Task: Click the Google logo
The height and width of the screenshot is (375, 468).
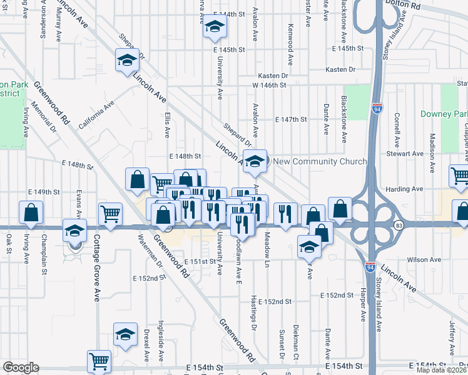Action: pos(21,367)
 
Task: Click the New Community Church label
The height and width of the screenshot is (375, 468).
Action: pos(320,162)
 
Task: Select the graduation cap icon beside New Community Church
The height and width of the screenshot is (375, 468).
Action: pos(255,162)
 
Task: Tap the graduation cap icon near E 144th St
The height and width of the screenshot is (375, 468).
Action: pos(215,27)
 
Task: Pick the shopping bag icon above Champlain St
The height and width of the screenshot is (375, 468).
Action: pos(31,230)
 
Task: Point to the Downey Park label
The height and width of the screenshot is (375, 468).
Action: pos(444,114)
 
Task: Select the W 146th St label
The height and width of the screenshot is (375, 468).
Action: pos(269,85)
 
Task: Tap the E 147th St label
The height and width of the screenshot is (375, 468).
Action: pos(292,119)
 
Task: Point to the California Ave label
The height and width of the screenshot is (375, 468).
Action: pos(96,116)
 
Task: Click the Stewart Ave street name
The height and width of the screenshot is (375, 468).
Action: pos(407,153)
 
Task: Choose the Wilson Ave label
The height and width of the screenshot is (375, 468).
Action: pos(424,259)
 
